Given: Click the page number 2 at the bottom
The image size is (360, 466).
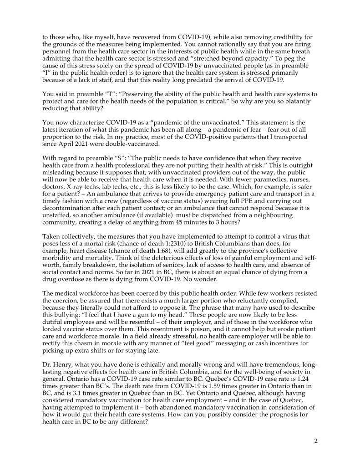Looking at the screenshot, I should [x=315, y=441].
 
